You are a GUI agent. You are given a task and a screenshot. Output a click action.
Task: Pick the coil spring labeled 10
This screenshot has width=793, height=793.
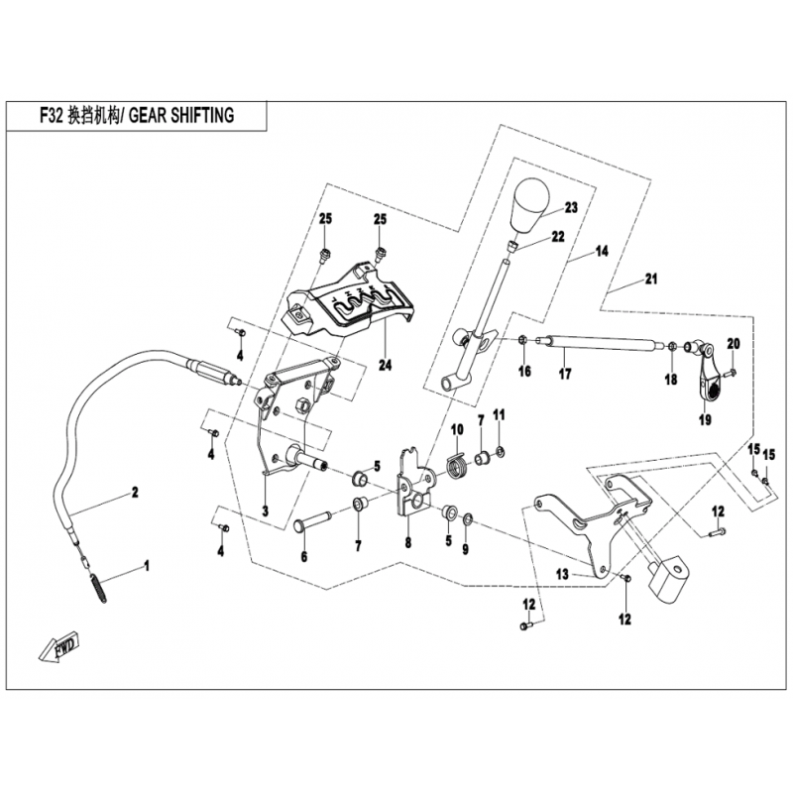(x=457, y=464)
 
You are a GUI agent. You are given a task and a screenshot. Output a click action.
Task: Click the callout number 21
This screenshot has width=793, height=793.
(x=650, y=279)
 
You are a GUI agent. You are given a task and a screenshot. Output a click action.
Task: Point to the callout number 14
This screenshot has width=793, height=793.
(x=601, y=252)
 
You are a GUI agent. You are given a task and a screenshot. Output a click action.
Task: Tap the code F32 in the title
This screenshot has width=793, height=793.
(x=48, y=116)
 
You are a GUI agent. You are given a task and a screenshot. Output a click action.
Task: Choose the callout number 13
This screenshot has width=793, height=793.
(x=561, y=574)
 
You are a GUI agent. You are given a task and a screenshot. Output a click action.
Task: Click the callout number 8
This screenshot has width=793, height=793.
(x=407, y=542)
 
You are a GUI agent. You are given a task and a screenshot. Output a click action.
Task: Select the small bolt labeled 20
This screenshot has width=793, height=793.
(x=731, y=373)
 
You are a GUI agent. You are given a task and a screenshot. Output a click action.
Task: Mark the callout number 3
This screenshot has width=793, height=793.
(x=265, y=511)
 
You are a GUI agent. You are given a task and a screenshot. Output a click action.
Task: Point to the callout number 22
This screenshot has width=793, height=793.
(x=558, y=237)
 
